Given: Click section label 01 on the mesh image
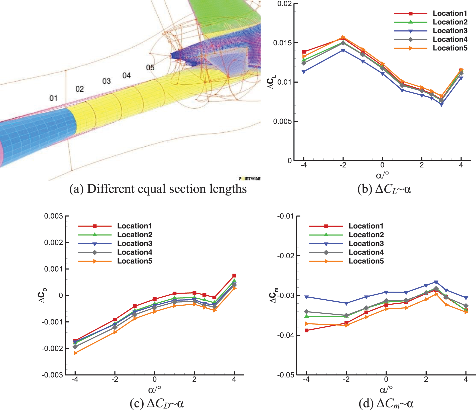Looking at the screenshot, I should point(53,98).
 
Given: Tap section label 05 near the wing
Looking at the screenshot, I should point(150,68).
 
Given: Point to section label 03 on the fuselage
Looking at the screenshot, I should point(106,81).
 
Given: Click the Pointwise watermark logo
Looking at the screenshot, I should point(250,178).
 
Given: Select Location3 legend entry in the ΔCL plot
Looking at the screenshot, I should point(450,31).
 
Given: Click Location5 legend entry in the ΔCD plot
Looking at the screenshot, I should point(135,261).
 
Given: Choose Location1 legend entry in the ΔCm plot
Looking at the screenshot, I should point(366,226).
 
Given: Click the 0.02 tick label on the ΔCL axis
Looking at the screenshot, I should point(284,4).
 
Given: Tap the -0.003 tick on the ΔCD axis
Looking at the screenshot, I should point(52,375).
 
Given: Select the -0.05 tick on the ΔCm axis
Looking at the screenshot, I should point(285,375).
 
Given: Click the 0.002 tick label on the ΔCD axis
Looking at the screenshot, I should point(53,242).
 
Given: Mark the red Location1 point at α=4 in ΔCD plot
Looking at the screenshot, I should point(234,276).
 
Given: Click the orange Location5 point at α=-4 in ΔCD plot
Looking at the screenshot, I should point(75,353).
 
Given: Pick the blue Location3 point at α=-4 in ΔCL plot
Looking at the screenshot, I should point(304,72).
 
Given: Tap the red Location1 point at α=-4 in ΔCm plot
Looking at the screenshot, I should point(306,330).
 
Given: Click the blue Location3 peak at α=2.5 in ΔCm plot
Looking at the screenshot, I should point(436,282).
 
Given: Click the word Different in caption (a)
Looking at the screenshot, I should point(110,189).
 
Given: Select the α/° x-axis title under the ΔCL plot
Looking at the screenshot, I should point(382,175).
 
